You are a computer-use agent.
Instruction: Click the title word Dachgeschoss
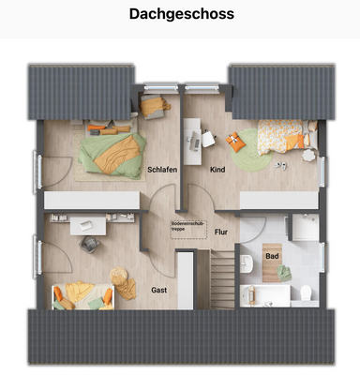coord(180,15)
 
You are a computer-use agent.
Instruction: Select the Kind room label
coord(217,170)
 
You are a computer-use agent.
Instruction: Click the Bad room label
coord(272,255)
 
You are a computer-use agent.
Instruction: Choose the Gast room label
coord(160,291)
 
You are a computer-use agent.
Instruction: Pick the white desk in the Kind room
coord(202,141)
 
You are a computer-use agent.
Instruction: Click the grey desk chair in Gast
coord(90,243)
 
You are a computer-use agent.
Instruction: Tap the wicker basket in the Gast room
coord(120,277)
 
